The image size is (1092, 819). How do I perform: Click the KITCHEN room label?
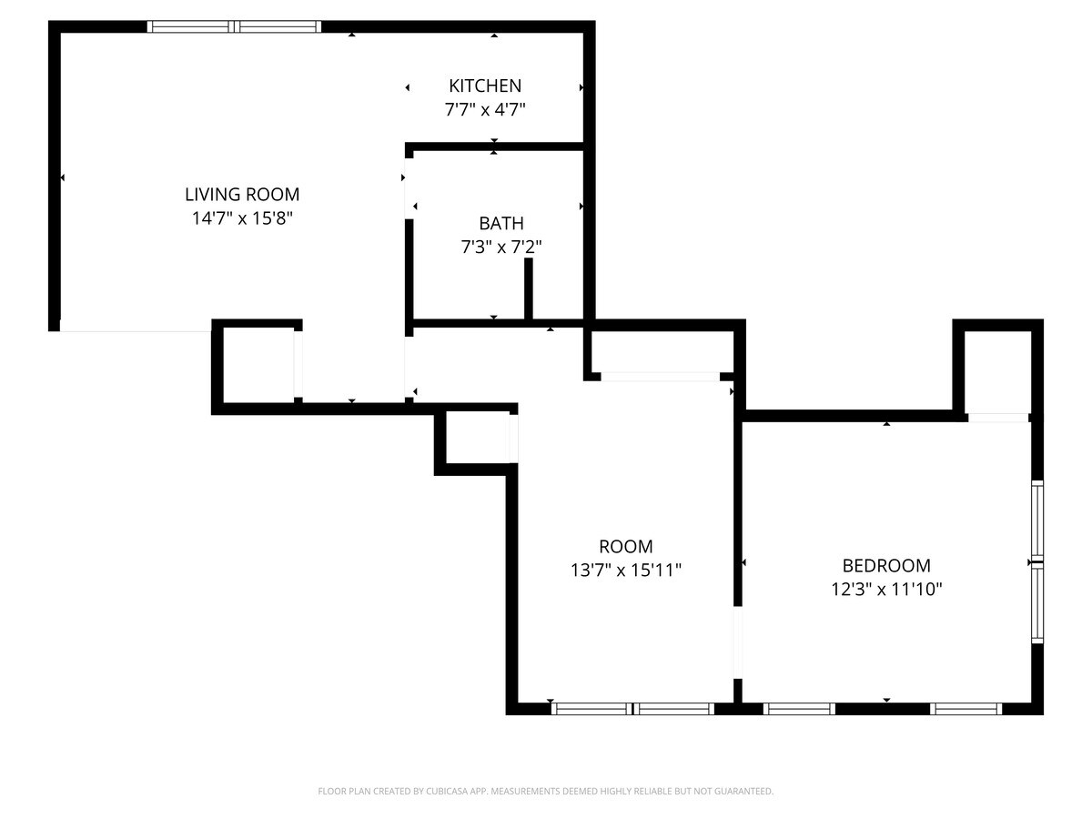click(x=485, y=86)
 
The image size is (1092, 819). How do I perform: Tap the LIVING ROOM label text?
click(x=242, y=194)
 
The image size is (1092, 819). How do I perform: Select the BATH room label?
click(x=501, y=223)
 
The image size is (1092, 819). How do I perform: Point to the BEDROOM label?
click(x=885, y=565)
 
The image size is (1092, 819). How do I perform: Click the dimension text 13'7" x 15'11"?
click(x=626, y=571)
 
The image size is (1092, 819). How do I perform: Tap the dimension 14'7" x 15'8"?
click(x=242, y=218)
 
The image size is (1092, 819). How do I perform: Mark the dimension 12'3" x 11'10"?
click(x=885, y=590)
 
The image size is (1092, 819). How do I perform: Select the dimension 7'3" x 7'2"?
click(x=501, y=247)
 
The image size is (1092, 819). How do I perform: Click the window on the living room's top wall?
click(x=234, y=27)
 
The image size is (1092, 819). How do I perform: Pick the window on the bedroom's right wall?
click(x=1036, y=561)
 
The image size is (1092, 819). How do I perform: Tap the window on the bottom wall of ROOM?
click(x=632, y=708)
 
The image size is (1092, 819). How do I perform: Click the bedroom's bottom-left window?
click(x=799, y=708)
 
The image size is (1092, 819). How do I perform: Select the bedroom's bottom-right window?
click(x=966, y=708)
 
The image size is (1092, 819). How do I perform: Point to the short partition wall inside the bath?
click(x=528, y=289)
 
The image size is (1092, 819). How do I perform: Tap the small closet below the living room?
click(x=258, y=364)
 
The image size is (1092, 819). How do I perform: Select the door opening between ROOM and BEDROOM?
click(x=738, y=642)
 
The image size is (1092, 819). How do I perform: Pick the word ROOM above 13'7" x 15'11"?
click(x=626, y=547)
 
